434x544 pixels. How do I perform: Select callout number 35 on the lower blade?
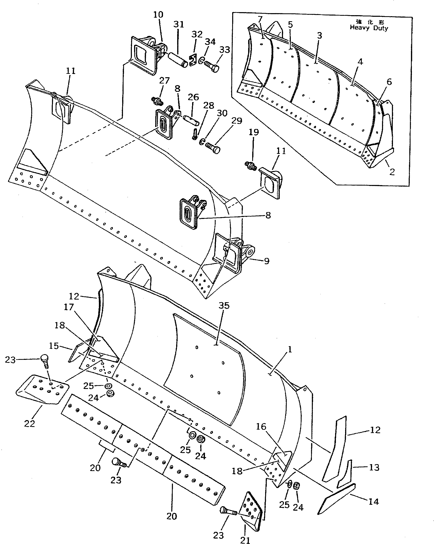[224, 306]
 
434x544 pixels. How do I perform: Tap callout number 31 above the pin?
[179, 24]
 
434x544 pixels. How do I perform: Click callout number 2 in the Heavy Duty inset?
[392, 172]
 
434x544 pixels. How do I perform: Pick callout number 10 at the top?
[158, 15]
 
